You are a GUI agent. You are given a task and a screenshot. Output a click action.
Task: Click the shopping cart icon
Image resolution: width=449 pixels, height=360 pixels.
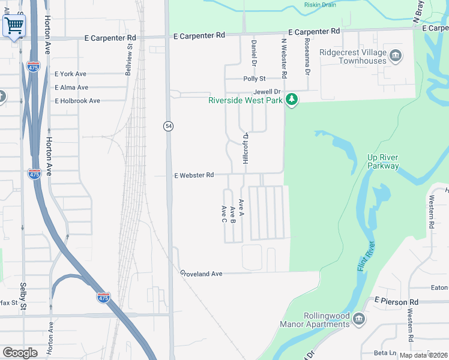pos(14,26)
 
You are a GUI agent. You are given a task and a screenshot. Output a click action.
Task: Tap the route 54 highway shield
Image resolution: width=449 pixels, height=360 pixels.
pos(169,126)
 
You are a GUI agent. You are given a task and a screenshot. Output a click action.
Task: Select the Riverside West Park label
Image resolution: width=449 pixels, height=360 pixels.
pos(245,100)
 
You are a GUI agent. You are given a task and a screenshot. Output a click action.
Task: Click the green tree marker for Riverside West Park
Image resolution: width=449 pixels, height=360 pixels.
pos(292,99)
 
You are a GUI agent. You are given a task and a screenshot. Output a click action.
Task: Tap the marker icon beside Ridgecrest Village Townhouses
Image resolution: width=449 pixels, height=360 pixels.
pos(396,56)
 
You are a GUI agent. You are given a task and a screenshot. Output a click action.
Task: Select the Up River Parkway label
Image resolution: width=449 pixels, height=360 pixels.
pos(382,161)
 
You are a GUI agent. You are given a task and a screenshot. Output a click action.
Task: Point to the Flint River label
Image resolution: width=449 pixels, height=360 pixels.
pos(366,256)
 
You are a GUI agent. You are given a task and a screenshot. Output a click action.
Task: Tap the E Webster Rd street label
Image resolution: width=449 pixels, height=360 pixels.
pos(194,176)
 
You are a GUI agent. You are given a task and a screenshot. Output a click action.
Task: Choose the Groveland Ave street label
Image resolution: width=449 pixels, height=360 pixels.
pos(202,274)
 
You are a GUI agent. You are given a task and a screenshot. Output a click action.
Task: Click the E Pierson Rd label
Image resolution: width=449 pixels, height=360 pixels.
pos(396,301)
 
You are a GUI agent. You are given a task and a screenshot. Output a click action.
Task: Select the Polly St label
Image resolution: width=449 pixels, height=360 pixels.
pos(254,79)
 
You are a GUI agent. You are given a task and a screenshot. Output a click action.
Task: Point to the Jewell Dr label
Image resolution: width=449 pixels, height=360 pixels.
pos(267,91)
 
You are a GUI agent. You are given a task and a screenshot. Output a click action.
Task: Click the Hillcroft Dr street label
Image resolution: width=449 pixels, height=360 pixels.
pos(245,148)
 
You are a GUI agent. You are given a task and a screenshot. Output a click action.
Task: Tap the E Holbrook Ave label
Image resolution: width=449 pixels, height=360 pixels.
pos(77,101)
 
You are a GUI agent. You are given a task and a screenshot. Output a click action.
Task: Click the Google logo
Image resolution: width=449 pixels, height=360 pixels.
pos(20,353)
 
